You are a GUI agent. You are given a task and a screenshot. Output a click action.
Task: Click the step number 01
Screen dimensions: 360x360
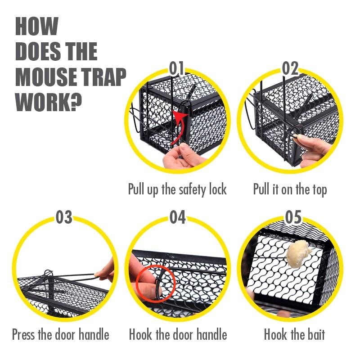pyautogui.click(x=176, y=68)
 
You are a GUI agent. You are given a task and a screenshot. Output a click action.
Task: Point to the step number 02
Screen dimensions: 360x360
pyautogui.click(x=290, y=68)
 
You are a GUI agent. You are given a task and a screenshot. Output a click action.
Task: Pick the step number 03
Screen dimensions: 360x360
pyautogui.click(x=64, y=217)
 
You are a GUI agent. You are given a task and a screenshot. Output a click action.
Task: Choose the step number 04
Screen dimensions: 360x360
pyautogui.click(x=177, y=217)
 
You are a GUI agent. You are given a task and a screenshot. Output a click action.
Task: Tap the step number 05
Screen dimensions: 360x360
pyautogui.click(x=293, y=217)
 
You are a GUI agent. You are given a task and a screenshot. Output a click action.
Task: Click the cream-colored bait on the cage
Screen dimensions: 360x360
pyautogui.click(x=298, y=254)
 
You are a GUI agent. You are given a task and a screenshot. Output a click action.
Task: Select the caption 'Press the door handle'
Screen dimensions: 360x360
pyautogui.click(x=61, y=334)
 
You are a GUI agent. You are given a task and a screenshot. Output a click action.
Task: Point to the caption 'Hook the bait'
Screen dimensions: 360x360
pyautogui.click(x=294, y=334)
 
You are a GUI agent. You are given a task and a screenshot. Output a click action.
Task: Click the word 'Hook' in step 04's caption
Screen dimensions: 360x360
pyautogui.click(x=140, y=334)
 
